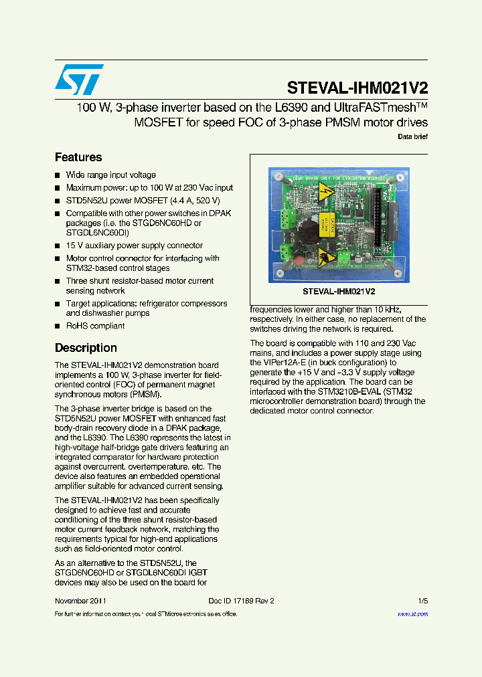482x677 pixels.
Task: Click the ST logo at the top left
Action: pos(79,79)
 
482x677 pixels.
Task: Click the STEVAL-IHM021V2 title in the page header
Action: pos(357,88)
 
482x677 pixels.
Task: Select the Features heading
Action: pos(78,157)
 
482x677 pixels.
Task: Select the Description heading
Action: pos(86,348)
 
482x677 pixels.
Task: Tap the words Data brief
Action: pos(412,136)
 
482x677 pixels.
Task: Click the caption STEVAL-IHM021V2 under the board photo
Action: pos(339,292)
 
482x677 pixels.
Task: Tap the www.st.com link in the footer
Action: pos(412,613)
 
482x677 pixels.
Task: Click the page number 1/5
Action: pos(422,601)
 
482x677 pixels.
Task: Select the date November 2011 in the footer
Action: pos(80,601)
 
